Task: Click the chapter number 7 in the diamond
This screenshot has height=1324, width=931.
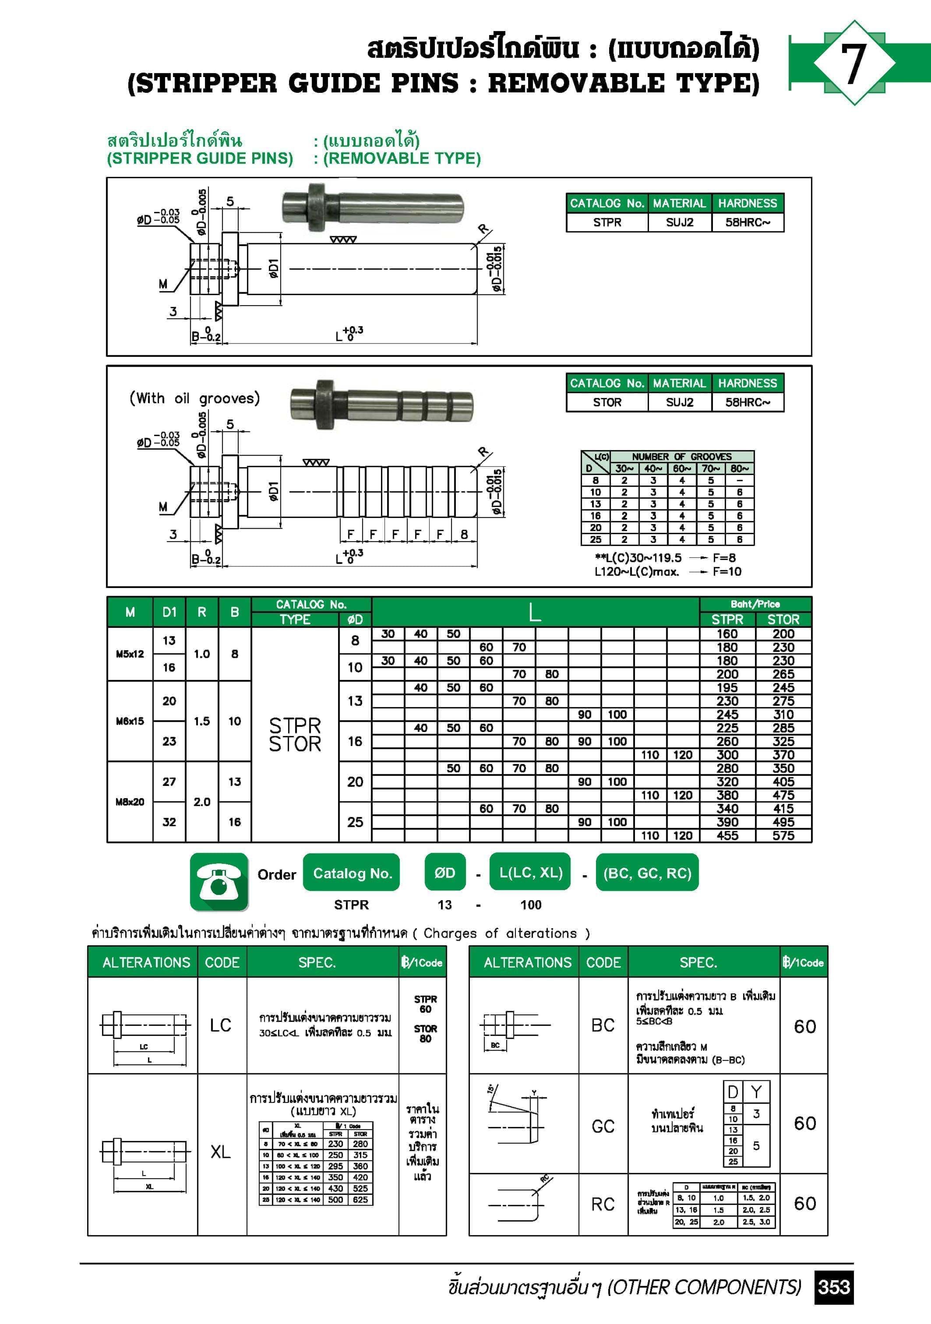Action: tap(853, 63)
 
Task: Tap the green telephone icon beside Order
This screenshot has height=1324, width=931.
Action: tap(219, 882)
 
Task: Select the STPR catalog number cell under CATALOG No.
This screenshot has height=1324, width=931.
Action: tap(607, 222)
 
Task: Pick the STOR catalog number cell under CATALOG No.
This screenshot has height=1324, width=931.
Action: tap(607, 402)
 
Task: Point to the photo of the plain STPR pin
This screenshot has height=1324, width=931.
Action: tap(372, 207)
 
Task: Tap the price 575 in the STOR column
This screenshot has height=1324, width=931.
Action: tap(783, 835)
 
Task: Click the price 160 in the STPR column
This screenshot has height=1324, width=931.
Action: tap(727, 634)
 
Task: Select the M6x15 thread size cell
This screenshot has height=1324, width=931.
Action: tap(130, 722)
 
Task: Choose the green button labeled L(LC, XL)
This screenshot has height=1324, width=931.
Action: tap(531, 873)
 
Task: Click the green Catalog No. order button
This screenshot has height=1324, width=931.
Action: tap(352, 873)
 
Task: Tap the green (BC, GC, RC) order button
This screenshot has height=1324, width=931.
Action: tap(647, 873)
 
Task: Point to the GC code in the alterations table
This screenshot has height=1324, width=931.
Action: tap(603, 1126)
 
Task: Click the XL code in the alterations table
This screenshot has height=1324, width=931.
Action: tap(221, 1151)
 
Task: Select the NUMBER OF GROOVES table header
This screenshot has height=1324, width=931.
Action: tap(681, 456)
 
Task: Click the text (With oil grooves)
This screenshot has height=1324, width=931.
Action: tap(194, 398)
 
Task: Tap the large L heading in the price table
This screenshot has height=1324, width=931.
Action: tap(535, 613)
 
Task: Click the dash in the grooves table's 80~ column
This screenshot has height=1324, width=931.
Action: tap(740, 480)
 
